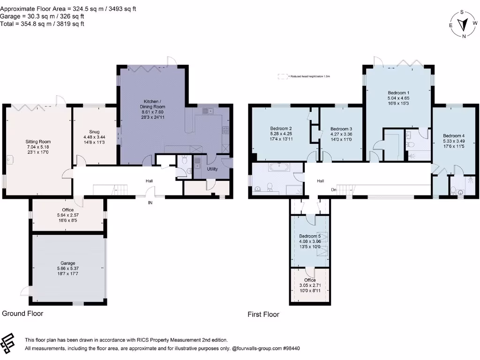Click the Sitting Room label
pos(38,142)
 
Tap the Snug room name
pos(94,132)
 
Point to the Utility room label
pos(212,168)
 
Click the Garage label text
pos(68,263)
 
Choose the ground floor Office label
pos(68,210)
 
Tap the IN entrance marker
pos(150,202)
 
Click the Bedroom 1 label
pos(398,93)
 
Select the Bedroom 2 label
pos(281,128)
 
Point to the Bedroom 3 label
pos(341,129)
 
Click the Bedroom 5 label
pos(309,236)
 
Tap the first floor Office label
pos(310,280)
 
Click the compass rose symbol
pos(463,24)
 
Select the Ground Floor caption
pos(22,313)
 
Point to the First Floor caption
pos(263,315)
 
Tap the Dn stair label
pos(333,190)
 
